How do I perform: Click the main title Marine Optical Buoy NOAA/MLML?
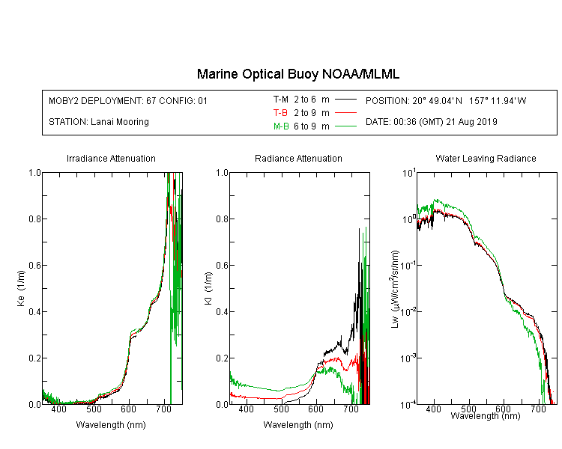tap(297, 74)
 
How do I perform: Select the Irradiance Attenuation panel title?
tap(111, 158)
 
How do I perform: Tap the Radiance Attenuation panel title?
tap(298, 158)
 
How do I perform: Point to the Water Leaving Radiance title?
tap(486, 158)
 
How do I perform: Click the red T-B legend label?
tap(280, 113)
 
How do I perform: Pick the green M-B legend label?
tap(281, 126)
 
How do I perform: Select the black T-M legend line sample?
tap(345, 100)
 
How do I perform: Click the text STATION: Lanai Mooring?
tap(99, 122)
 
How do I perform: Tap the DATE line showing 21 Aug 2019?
tap(431, 122)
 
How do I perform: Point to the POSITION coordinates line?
tap(446, 100)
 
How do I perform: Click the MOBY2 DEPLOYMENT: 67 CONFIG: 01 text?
tap(128, 100)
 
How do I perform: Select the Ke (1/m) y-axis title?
tap(21, 289)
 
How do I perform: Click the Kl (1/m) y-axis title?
tap(208, 289)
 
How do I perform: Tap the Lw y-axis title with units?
tap(395, 289)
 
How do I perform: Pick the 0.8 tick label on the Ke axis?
tap(34, 219)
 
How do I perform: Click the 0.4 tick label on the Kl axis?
tap(222, 311)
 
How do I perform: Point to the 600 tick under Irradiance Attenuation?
tap(128, 409)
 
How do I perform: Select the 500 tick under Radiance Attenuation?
tap(281, 409)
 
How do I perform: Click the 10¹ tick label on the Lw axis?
tap(409, 173)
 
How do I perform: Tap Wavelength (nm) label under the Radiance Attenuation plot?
tap(298, 425)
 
